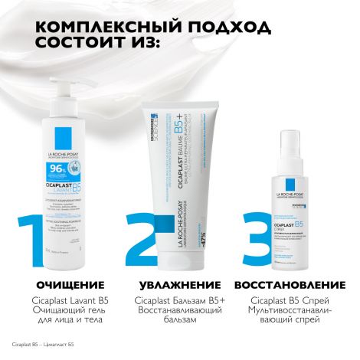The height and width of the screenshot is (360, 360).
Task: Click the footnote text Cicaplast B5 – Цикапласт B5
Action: click(43, 347)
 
